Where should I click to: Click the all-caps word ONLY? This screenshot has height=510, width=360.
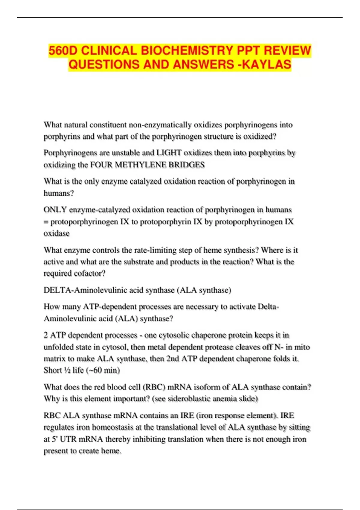point(55,210)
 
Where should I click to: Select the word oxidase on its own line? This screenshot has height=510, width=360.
point(56,233)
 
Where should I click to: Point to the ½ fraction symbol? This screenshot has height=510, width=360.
point(67,370)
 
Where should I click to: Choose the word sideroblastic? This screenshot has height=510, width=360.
point(189,399)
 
